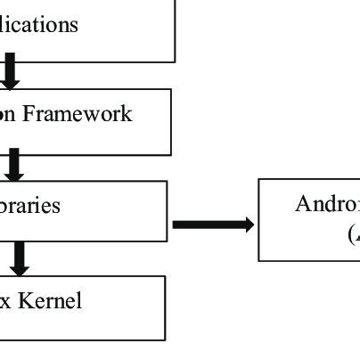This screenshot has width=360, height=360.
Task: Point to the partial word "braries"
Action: tap(30, 206)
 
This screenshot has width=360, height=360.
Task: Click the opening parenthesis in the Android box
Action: tap(350, 233)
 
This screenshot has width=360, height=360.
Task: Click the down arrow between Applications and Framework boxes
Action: tap(10, 75)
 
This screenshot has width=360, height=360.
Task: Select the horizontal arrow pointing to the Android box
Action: tap(212, 224)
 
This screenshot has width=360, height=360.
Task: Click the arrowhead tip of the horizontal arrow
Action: tap(253, 224)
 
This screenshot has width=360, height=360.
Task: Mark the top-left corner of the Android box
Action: tap(259, 180)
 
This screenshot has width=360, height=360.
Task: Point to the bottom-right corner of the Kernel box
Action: tap(165, 340)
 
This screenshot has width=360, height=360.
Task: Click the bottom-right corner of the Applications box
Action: tap(175, 62)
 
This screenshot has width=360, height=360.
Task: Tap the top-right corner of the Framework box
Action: tap(169, 89)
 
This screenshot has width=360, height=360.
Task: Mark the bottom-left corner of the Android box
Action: tap(259, 260)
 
